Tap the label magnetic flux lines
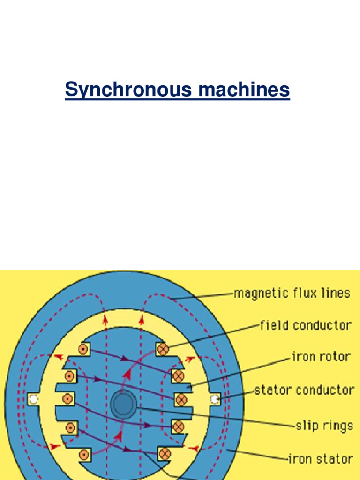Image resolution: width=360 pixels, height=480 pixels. click(292, 293)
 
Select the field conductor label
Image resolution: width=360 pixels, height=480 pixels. click(306, 325)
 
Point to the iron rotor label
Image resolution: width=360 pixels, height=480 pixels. click(321, 357)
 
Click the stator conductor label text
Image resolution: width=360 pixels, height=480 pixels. click(304, 390)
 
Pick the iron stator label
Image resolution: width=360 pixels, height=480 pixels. click(320, 458)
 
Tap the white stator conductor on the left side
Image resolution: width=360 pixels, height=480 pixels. click(33, 399)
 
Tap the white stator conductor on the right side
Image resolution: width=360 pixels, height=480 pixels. click(215, 399)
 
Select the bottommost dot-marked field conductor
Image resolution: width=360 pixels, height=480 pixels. click(84, 454)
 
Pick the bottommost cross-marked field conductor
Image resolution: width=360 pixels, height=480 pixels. click(164, 454)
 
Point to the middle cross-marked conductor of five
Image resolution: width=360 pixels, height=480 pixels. click(180, 399)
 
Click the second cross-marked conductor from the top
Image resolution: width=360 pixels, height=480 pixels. click(178, 375)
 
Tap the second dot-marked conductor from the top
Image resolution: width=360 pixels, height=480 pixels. click(69, 375)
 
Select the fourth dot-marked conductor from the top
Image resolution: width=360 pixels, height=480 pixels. click(70, 427)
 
